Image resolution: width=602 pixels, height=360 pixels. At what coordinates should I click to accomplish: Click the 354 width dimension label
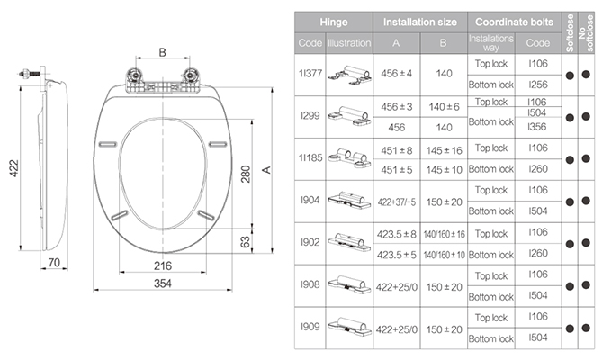[x=162, y=283]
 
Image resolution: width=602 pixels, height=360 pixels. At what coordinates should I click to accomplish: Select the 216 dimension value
[x=162, y=265]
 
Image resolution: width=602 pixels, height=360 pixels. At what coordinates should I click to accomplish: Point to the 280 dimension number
[x=246, y=174]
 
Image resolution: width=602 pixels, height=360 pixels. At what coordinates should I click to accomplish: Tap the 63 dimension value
[x=245, y=242]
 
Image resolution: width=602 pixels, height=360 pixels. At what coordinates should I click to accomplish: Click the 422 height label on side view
[x=13, y=168]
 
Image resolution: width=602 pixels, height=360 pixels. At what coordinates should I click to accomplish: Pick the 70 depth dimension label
[x=54, y=263]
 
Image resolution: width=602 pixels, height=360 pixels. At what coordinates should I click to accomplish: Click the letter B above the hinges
[x=162, y=52]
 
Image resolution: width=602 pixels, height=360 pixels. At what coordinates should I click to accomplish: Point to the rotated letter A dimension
[x=266, y=170]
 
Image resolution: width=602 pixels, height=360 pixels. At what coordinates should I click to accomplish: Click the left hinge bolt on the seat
[x=135, y=75]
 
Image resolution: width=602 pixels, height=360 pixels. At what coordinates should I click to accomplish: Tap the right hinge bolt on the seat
[x=190, y=75]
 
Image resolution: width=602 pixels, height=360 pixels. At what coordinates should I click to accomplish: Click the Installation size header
[x=420, y=22]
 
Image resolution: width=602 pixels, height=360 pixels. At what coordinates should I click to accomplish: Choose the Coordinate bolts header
[x=514, y=22]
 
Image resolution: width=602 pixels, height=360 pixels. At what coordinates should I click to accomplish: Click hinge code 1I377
[x=310, y=73]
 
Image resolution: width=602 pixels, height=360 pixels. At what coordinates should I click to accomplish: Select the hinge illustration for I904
[x=349, y=200]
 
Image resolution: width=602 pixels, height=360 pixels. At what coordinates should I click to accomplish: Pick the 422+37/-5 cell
[x=397, y=202]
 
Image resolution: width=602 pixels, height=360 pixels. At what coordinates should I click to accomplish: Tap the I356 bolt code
[x=537, y=127]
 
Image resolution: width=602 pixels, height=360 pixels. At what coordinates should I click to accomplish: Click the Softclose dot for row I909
[x=570, y=328]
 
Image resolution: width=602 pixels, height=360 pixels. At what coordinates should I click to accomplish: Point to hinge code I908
[x=310, y=284]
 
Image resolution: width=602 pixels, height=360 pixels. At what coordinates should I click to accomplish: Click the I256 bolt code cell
[x=538, y=85]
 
